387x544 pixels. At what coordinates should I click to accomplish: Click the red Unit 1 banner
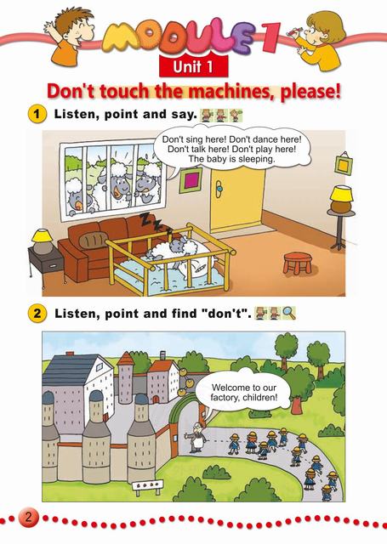pyautogui.click(x=193, y=66)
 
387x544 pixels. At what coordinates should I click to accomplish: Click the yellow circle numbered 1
pyautogui.click(x=36, y=114)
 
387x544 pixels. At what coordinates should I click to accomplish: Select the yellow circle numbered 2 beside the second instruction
pyautogui.click(x=37, y=314)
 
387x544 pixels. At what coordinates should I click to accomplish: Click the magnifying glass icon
pyautogui.click(x=289, y=313)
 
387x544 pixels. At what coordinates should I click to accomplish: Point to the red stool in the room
pyautogui.click(x=298, y=263)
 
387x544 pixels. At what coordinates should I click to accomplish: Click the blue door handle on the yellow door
pyautogui.click(x=219, y=189)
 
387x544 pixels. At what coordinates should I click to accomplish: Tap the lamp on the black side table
pyautogui.click(x=43, y=241)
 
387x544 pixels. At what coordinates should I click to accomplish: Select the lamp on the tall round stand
pyautogui.click(x=341, y=199)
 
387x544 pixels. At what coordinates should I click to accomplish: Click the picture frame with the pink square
pyautogui.click(x=191, y=181)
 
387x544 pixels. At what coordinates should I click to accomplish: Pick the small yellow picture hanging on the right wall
pyautogui.click(x=344, y=164)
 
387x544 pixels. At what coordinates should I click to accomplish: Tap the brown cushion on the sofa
pyautogui.click(x=92, y=239)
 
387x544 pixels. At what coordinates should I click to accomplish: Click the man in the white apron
pyautogui.click(x=196, y=438)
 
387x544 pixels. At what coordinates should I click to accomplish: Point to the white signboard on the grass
pyautogui.click(x=147, y=485)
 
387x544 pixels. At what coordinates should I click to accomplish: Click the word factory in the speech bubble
pyautogui.click(x=225, y=398)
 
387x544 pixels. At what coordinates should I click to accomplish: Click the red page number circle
pyautogui.click(x=28, y=518)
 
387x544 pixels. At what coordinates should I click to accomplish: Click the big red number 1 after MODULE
pyautogui.click(x=270, y=37)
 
